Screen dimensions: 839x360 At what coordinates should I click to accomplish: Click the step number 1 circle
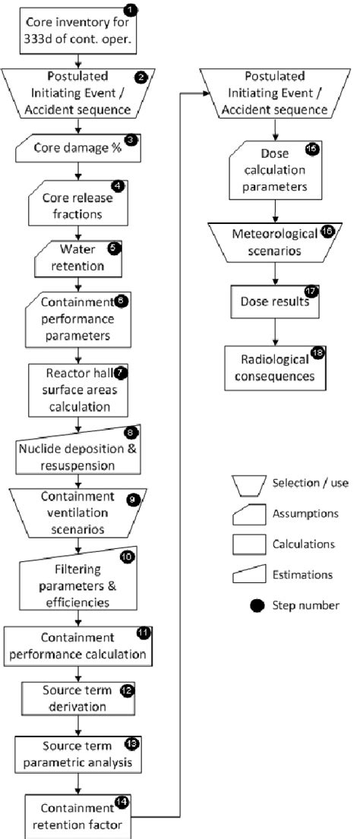pos(131,11)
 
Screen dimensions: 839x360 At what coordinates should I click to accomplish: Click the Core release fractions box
pos(78,202)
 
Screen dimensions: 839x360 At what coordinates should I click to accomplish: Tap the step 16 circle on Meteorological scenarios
pos(327,232)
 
